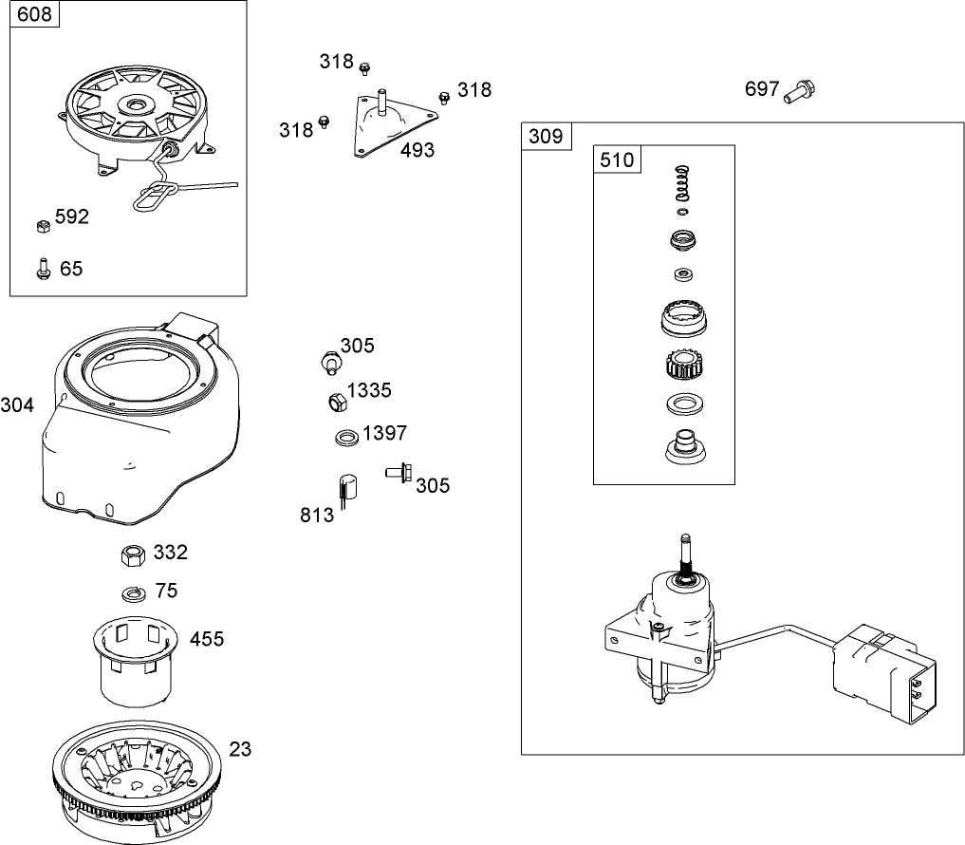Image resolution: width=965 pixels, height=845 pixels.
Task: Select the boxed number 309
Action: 546,136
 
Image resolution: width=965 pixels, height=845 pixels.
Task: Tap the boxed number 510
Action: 617,160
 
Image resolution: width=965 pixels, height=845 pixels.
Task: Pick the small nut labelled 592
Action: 42,226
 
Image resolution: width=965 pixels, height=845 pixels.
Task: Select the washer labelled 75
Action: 132,593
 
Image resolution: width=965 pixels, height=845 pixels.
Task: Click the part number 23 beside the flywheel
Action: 240,749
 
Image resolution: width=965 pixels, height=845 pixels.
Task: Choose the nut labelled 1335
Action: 335,402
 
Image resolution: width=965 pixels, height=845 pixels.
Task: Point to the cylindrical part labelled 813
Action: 346,490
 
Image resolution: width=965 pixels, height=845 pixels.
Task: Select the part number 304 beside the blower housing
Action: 17,406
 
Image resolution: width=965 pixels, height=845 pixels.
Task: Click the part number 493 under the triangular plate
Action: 418,150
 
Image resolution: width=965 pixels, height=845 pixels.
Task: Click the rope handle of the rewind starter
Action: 155,199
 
